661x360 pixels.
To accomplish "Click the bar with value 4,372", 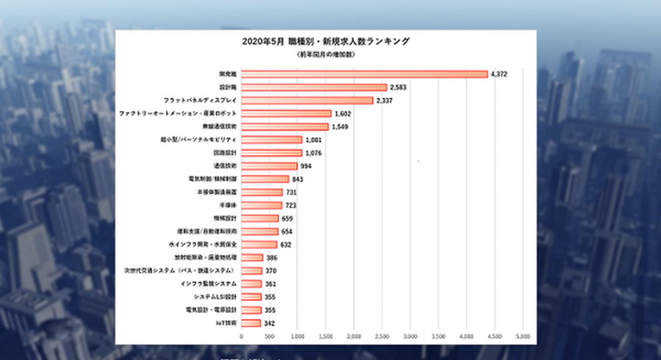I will pos(364,74).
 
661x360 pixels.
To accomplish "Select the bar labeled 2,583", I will pos(314,87).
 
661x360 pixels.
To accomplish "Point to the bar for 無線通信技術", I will pos(285,126).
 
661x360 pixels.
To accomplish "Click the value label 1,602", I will pos(344,114).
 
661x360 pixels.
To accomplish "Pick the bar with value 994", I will pos(270,166).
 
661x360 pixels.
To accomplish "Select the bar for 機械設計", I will pos(260,218).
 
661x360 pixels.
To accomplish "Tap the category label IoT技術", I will pos(225,323).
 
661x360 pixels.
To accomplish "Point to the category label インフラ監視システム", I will pos(209,284).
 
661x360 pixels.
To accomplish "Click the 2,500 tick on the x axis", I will pos(382,336).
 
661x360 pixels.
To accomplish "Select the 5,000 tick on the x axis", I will pos(522,336).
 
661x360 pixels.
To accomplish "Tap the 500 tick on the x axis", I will pos(270,336).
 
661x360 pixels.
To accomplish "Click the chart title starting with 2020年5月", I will pos(325,41).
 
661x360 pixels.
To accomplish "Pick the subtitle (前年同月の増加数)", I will pos(325,55).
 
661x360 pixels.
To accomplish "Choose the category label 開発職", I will pos(228,74).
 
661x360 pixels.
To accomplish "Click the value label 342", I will pos(272,323).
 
